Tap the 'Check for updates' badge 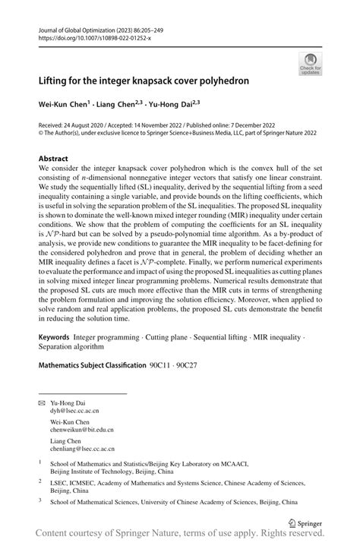pos(309,64)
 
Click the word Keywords pos(55,335)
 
